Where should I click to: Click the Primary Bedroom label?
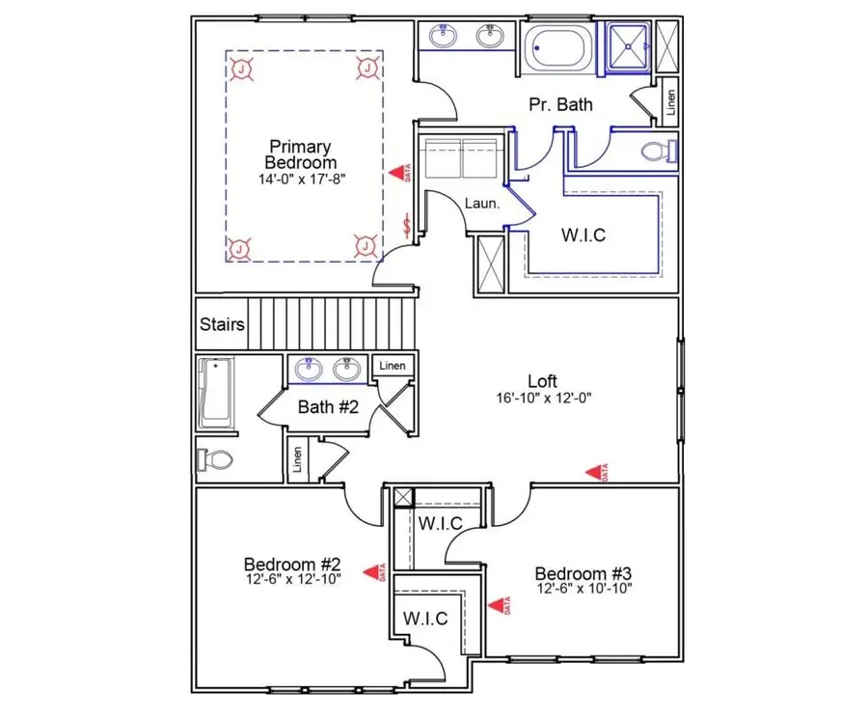point(299,154)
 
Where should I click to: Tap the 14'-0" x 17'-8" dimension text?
point(299,179)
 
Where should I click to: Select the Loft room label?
point(542,380)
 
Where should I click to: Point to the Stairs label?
point(222,324)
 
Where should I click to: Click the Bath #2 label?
point(328,407)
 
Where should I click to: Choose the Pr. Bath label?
point(560,104)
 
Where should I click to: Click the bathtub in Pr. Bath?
point(560,47)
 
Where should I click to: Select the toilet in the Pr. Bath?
point(660,152)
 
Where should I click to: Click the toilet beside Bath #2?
point(213,458)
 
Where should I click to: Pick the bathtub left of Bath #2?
point(216,394)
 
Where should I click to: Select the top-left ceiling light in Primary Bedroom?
point(241,68)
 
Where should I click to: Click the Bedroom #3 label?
point(583,572)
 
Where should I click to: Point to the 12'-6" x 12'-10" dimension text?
point(291,579)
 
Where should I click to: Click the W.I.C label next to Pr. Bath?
point(583,235)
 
